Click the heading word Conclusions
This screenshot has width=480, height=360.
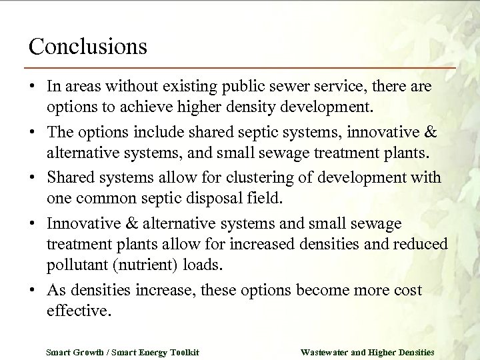(x=87, y=46)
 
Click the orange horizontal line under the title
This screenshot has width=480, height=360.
(x=240, y=68)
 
